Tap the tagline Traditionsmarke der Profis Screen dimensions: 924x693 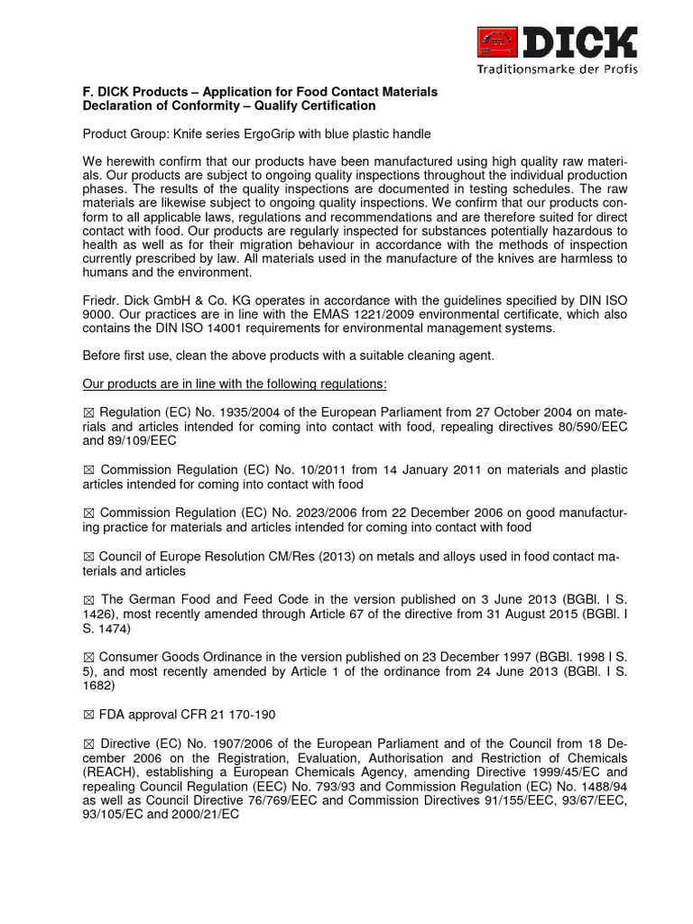(558, 69)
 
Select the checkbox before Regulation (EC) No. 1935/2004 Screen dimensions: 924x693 (88, 412)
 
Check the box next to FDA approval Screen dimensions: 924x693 (88, 715)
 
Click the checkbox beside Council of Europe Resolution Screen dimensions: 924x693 (88, 557)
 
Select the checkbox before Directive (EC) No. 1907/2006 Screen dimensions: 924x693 (88, 744)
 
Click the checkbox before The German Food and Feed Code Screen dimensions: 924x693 (88, 600)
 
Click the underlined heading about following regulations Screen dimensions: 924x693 (235, 383)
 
